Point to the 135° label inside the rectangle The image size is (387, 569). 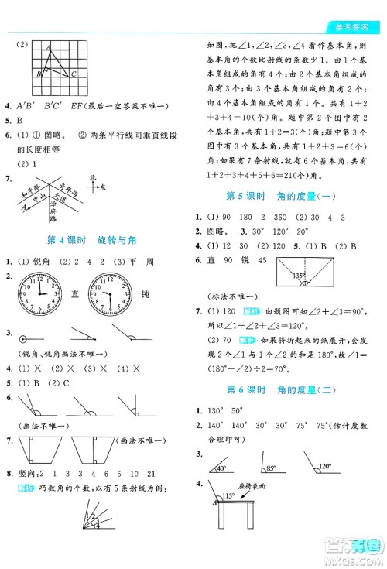297,273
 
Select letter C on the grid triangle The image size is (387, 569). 73,74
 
